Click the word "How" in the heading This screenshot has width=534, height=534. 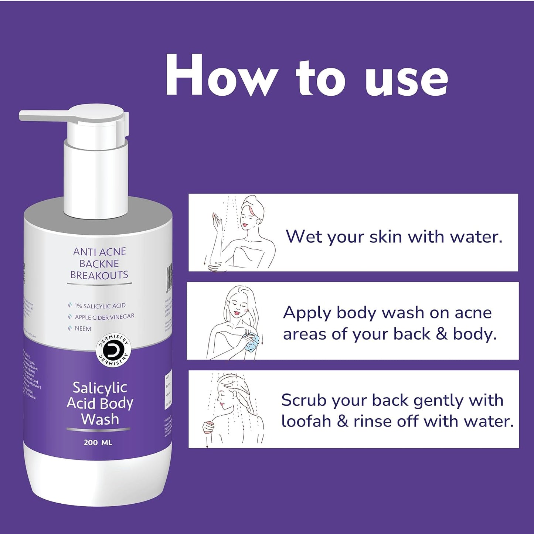(x=218, y=76)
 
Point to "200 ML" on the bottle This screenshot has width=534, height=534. (x=98, y=442)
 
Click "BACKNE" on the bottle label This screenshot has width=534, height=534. (x=99, y=263)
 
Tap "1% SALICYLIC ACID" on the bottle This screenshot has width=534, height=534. (x=100, y=306)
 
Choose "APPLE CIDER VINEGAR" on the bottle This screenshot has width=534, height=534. (x=105, y=317)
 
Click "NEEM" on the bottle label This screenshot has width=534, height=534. (x=83, y=329)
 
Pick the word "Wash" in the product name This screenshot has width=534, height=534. (x=100, y=419)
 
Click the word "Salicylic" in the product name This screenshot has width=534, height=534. (x=100, y=388)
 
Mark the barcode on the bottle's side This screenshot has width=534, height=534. (x=169, y=276)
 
